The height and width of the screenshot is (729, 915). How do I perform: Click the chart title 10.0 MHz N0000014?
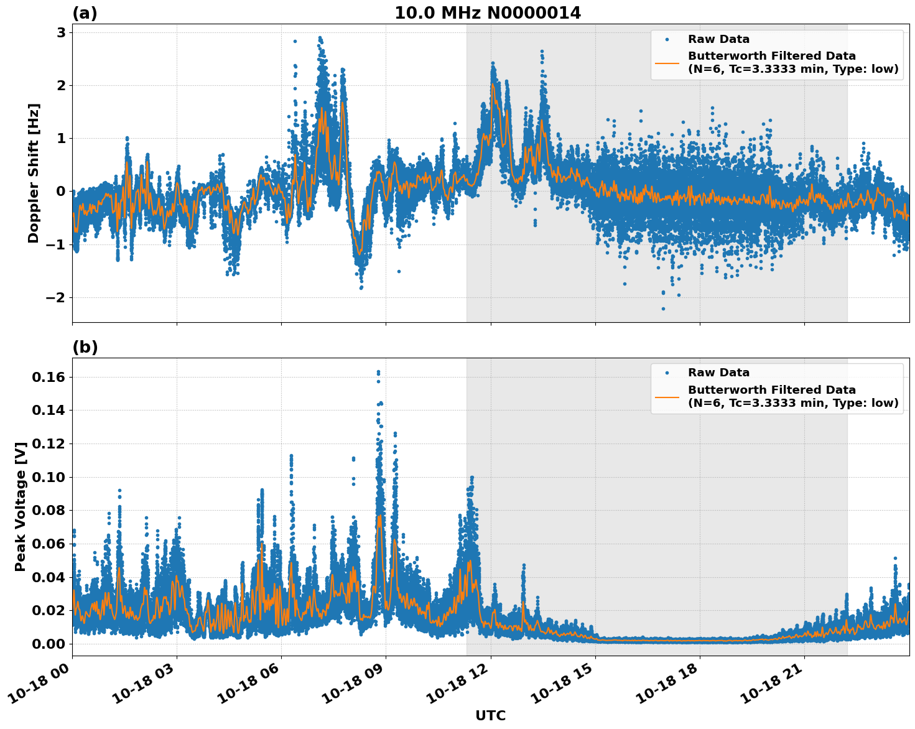click(x=488, y=13)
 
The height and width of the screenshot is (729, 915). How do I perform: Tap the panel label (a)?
click(x=85, y=13)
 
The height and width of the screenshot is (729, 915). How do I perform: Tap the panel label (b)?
click(x=85, y=347)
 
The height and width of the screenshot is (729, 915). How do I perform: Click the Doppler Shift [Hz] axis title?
click(x=34, y=173)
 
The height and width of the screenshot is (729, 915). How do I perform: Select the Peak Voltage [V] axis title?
click(x=21, y=506)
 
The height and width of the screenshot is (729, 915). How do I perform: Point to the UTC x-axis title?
click(x=490, y=715)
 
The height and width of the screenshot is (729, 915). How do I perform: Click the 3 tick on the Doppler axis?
click(x=61, y=32)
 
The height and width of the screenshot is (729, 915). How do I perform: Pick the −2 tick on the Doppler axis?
click(x=56, y=297)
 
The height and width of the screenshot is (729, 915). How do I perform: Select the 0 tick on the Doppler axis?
click(x=61, y=191)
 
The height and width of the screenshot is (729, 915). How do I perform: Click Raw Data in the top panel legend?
click(x=718, y=39)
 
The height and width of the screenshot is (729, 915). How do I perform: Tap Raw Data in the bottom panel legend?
click(x=718, y=373)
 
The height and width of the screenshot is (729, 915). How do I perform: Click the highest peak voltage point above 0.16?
click(x=378, y=372)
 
